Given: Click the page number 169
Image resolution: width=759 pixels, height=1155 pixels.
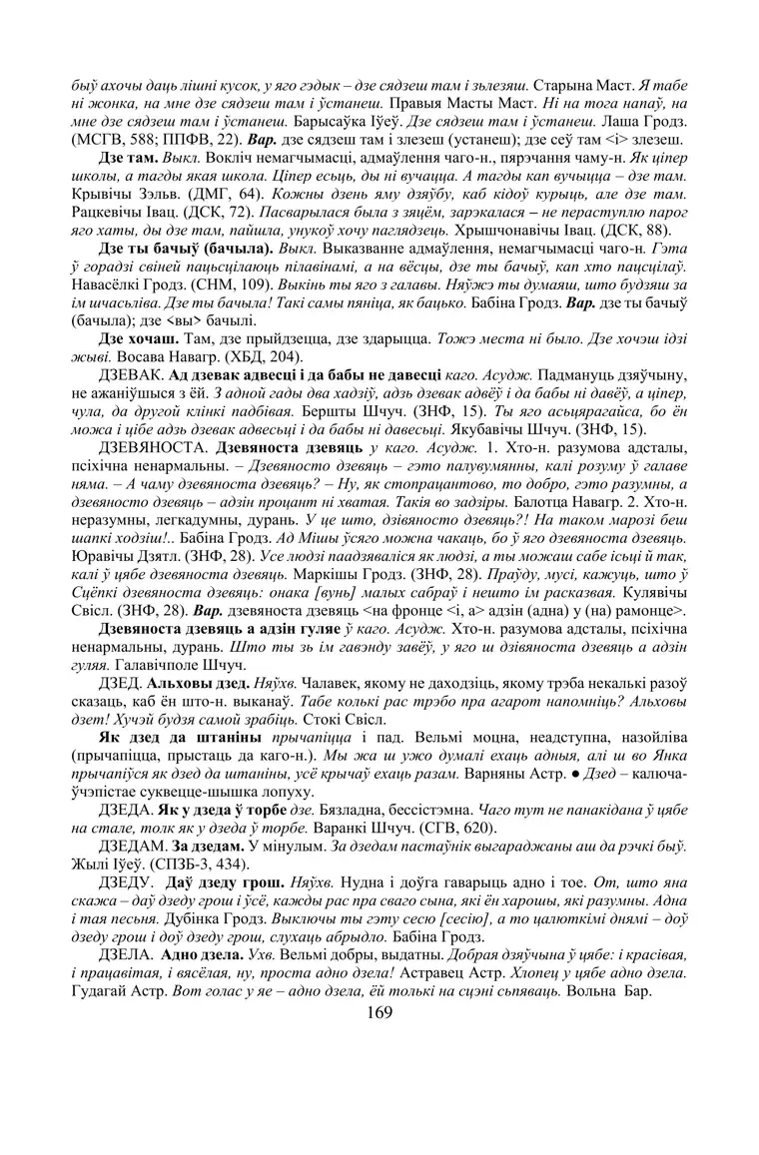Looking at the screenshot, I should pyautogui.click(x=379, y=1011).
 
